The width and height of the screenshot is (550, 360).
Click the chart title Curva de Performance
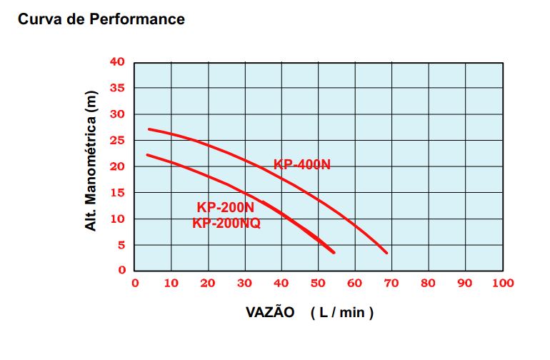point(101,19)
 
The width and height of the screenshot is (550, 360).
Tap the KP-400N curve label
point(302,165)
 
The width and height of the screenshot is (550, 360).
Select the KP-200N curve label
point(226,208)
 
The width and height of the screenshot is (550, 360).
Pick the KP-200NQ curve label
point(226,223)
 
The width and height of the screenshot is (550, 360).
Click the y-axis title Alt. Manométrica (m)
point(91,161)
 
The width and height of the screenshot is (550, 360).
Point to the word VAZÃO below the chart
point(270,313)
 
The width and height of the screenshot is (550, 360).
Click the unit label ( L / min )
point(342,313)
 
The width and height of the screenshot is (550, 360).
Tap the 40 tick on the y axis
point(117,62)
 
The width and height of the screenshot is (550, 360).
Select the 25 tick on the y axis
point(117,141)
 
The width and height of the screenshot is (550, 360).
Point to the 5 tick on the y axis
point(121,245)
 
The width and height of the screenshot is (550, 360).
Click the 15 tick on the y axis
point(117,193)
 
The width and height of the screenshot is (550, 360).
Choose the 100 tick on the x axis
point(503,283)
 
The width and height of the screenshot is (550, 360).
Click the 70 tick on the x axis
point(391,283)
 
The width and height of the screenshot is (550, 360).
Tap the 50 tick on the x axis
point(318,283)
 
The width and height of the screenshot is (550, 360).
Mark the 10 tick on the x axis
point(171,283)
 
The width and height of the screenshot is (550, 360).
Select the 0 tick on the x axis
point(135,283)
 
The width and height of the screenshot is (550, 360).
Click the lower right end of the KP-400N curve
point(386,252)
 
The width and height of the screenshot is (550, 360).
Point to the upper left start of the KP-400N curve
point(149,129)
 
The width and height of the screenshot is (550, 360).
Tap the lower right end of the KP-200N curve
point(334,252)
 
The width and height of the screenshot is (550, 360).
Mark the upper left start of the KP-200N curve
point(147,154)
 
